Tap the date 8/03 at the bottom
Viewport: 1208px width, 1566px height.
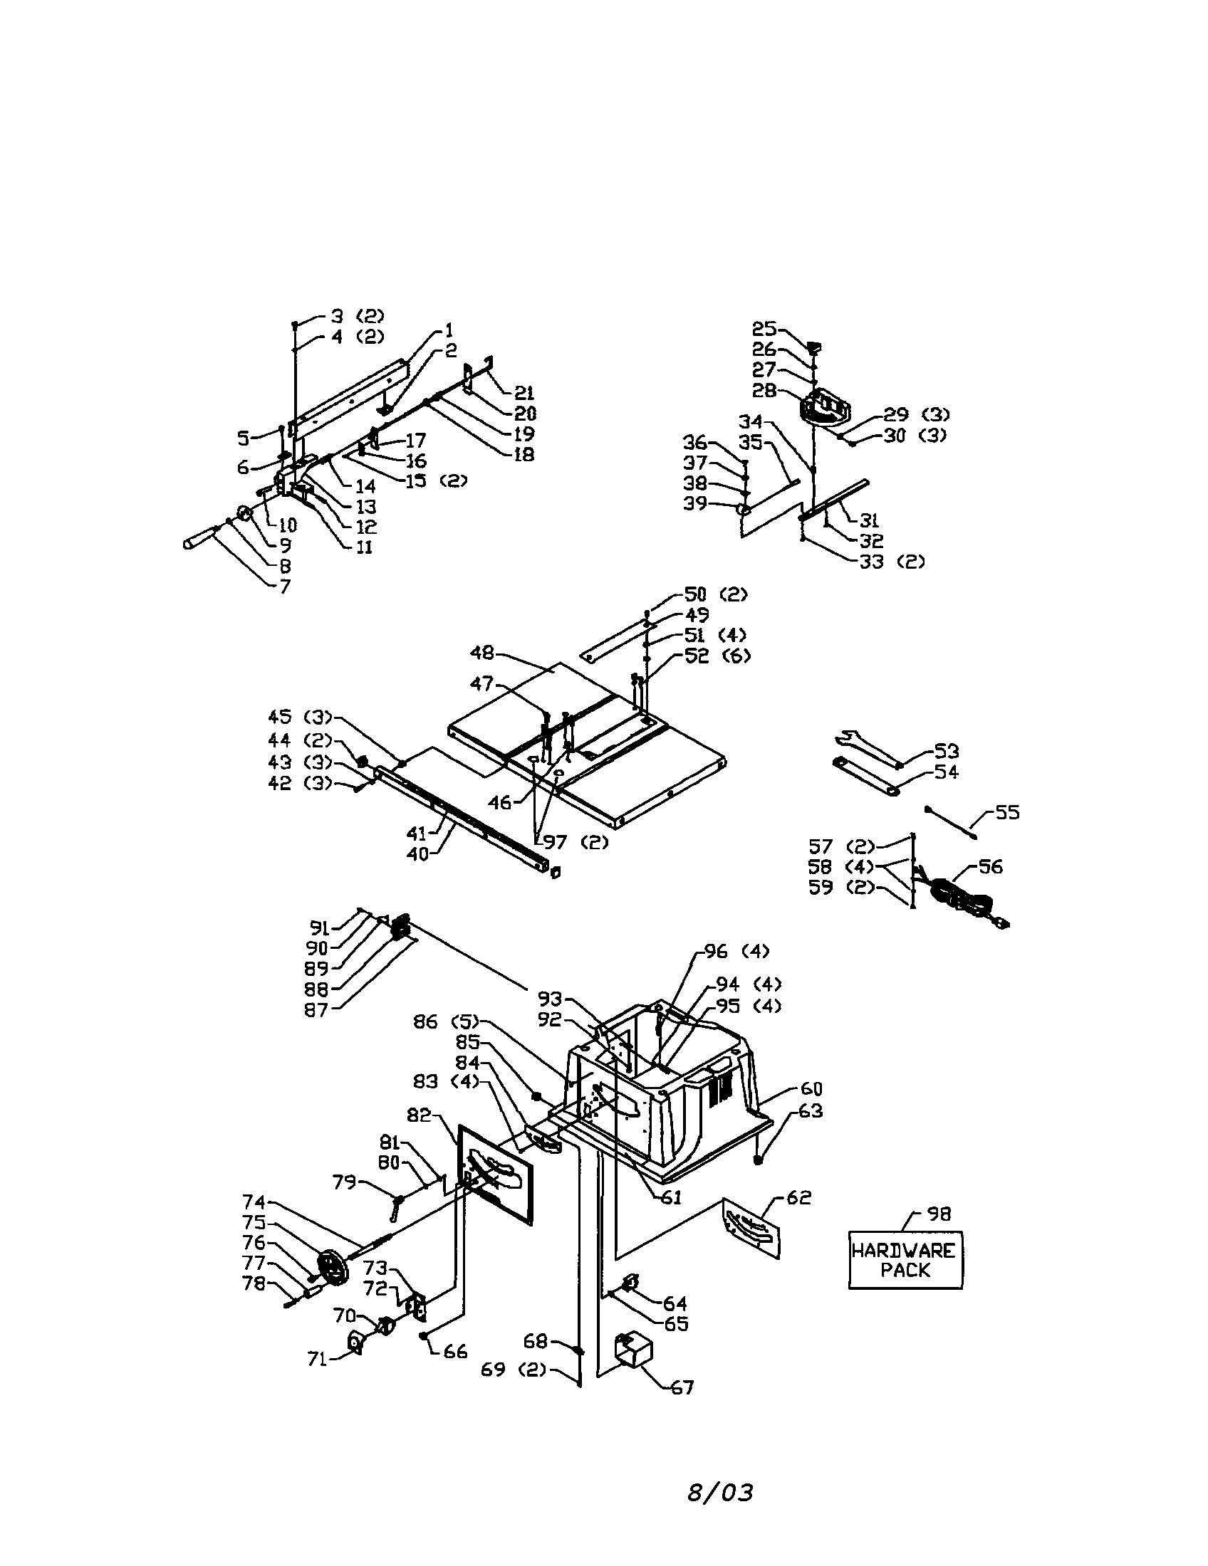pyautogui.click(x=720, y=1493)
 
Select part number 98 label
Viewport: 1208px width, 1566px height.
pyautogui.click(x=939, y=1214)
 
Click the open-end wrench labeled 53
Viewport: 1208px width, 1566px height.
pyautogui.click(x=865, y=750)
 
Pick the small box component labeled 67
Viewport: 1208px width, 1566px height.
pyautogui.click(x=634, y=1351)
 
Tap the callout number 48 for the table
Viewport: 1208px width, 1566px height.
pyautogui.click(x=482, y=653)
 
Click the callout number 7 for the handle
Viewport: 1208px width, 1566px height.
pyautogui.click(x=285, y=586)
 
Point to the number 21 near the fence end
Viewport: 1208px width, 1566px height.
pyautogui.click(x=524, y=393)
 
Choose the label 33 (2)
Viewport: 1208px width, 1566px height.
pyautogui.click(x=892, y=562)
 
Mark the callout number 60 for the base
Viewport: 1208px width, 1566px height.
pyautogui.click(x=811, y=1089)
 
